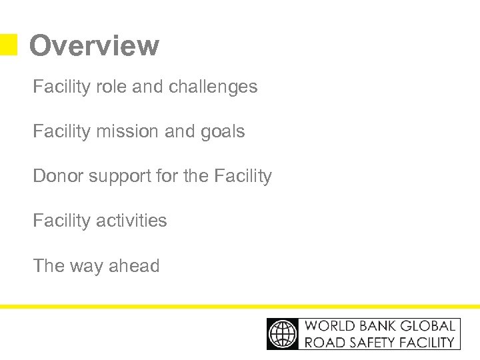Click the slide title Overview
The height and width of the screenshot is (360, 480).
click(94, 46)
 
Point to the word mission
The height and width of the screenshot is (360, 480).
click(121, 131)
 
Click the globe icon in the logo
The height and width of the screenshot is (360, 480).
click(283, 333)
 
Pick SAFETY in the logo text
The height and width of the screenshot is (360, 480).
click(370, 342)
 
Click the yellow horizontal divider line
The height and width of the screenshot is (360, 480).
click(240, 307)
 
